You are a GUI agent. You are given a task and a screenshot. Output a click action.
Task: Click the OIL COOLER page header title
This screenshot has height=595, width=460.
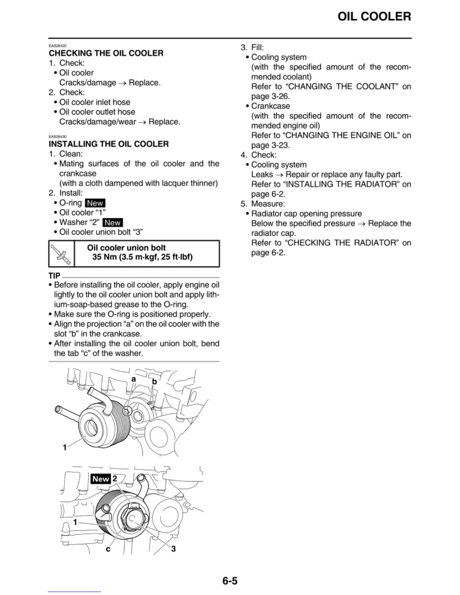[374, 17]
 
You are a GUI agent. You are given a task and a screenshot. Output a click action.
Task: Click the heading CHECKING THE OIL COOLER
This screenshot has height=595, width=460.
[106, 53]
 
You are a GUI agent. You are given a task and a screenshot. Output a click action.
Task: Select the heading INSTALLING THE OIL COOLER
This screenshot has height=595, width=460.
[109, 144]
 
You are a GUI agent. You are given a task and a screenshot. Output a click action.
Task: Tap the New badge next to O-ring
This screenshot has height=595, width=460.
[95, 203]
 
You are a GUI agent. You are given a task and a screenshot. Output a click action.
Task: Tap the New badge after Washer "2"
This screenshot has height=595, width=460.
[112, 223]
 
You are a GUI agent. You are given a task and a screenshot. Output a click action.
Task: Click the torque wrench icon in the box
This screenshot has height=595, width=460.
[62, 254]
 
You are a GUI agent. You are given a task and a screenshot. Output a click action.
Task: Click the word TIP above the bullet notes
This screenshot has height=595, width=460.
[54, 276]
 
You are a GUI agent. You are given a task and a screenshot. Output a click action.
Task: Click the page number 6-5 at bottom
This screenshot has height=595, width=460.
[230, 581]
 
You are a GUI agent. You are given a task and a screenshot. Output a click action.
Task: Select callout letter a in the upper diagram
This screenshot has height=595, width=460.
[133, 379]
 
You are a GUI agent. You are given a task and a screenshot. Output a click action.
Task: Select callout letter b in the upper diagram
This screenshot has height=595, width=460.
[154, 382]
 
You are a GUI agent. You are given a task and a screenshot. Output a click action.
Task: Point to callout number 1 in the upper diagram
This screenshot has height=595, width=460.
[65, 447]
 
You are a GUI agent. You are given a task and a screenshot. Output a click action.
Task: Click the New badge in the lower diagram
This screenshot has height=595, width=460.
[100, 479]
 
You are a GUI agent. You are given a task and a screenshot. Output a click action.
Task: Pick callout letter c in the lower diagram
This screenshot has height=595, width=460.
[108, 549]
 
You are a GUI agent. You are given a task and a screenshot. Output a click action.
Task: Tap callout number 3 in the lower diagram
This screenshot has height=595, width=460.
[173, 549]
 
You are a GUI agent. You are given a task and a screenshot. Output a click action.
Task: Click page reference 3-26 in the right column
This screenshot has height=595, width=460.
[280, 97]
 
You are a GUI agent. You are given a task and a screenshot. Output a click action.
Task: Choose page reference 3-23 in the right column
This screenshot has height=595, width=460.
[280, 145]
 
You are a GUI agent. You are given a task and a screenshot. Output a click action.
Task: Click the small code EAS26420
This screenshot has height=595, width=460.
[57, 46]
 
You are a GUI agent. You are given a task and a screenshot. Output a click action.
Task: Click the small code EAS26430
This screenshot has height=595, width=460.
[57, 137]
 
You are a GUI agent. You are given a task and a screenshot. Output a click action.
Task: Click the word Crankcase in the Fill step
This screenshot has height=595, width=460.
[270, 106]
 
